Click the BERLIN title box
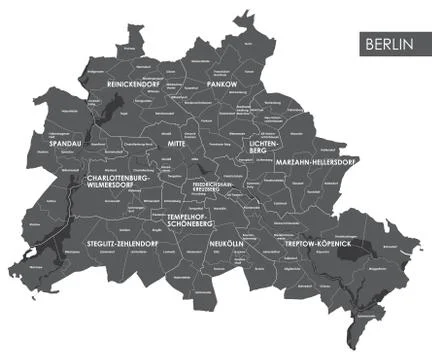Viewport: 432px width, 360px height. [390, 44]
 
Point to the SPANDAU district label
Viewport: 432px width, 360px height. [66, 144]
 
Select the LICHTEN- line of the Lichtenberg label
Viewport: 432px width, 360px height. [269, 145]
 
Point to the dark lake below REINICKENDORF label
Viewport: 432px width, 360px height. [97, 113]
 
